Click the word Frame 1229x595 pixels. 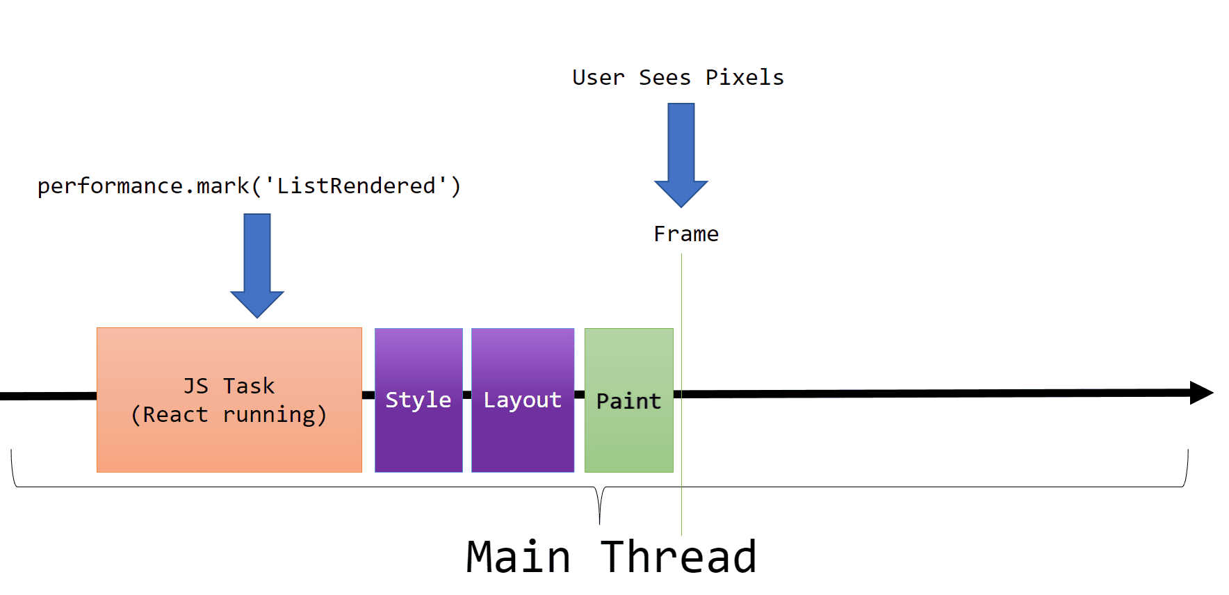[x=686, y=234]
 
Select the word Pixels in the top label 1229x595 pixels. [x=744, y=77]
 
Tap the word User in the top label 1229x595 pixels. [x=598, y=77]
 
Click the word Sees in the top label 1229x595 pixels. [x=665, y=77]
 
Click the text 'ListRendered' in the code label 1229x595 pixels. [x=356, y=186]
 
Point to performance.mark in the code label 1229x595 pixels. [x=143, y=186]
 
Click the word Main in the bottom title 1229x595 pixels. [x=518, y=557]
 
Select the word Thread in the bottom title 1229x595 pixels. [x=678, y=557]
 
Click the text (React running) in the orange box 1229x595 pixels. [x=229, y=415]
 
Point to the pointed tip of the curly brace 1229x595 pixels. [x=599, y=521]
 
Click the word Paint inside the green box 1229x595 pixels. [x=628, y=401]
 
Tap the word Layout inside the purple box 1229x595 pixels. [x=523, y=400]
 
